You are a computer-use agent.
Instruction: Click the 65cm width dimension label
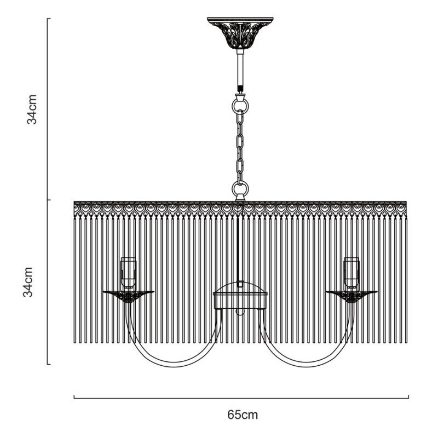point(242,414)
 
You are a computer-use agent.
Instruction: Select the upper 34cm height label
point(33,109)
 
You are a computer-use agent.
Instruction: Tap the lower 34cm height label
point(33,282)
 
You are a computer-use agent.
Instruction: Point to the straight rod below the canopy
point(240,68)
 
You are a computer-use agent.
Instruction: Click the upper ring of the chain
point(240,103)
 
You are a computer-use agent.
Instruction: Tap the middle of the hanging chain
point(240,145)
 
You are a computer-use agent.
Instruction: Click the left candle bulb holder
point(128,272)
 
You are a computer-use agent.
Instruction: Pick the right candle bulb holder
point(351,272)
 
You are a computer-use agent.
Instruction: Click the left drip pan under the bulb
point(128,295)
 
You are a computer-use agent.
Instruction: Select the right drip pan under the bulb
point(351,295)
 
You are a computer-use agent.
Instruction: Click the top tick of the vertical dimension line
point(48,19)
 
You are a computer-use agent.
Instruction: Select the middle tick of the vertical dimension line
point(48,200)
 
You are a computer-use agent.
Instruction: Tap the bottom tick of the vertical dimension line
point(48,364)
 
